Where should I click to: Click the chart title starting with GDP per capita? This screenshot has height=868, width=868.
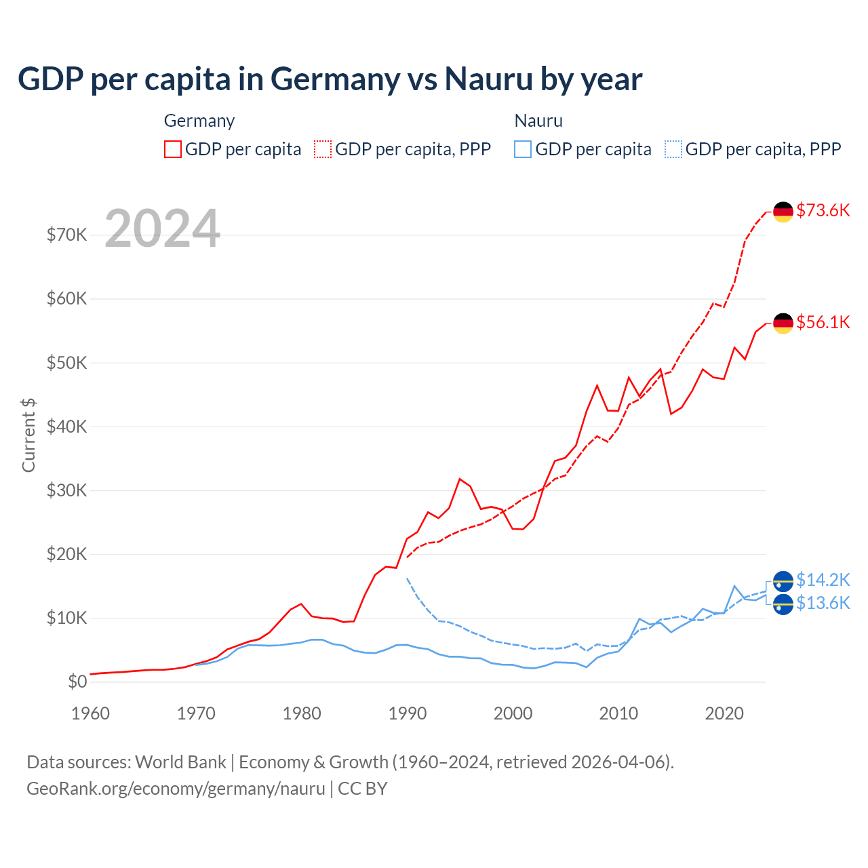pyautogui.click(x=330, y=79)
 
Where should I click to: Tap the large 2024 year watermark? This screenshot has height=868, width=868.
pyautogui.click(x=163, y=229)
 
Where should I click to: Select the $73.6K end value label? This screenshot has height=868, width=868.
pyautogui.click(x=823, y=210)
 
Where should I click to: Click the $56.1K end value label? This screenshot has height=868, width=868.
pyautogui.click(x=823, y=322)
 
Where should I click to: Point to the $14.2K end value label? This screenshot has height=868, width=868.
pyautogui.click(x=823, y=580)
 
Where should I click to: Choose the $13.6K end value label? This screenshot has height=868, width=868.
pyautogui.click(x=823, y=603)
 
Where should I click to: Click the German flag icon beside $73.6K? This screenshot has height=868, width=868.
pyautogui.click(x=783, y=212)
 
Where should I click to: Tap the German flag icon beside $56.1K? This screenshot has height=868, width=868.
pyautogui.click(x=783, y=323)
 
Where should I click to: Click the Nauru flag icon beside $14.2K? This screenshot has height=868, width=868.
pyautogui.click(x=783, y=581)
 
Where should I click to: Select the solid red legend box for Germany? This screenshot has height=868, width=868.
pyautogui.click(x=173, y=149)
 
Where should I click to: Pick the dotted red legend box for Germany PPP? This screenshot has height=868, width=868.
pyautogui.click(x=323, y=149)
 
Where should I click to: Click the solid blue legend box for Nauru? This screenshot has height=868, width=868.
pyautogui.click(x=523, y=149)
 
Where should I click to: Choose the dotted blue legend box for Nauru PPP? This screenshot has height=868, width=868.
pyautogui.click(x=673, y=149)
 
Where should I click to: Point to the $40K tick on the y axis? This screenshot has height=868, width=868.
pyautogui.click(x=66, y=427)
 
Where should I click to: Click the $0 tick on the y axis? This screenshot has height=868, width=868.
pyautogui.click(x=77, y=682)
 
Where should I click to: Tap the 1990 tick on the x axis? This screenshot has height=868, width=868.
pyautogui.click(x=408, y=713)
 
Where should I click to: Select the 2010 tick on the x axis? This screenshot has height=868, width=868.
pyautogui.click(x=618, y=713)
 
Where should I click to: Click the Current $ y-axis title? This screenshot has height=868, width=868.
pyautogui.click(x=28, y=435)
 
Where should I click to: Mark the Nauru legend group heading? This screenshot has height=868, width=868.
pyautogui.click(x=538, y=121)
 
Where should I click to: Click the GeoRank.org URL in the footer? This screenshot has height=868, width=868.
pyautogui.click(x=176, y=789)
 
